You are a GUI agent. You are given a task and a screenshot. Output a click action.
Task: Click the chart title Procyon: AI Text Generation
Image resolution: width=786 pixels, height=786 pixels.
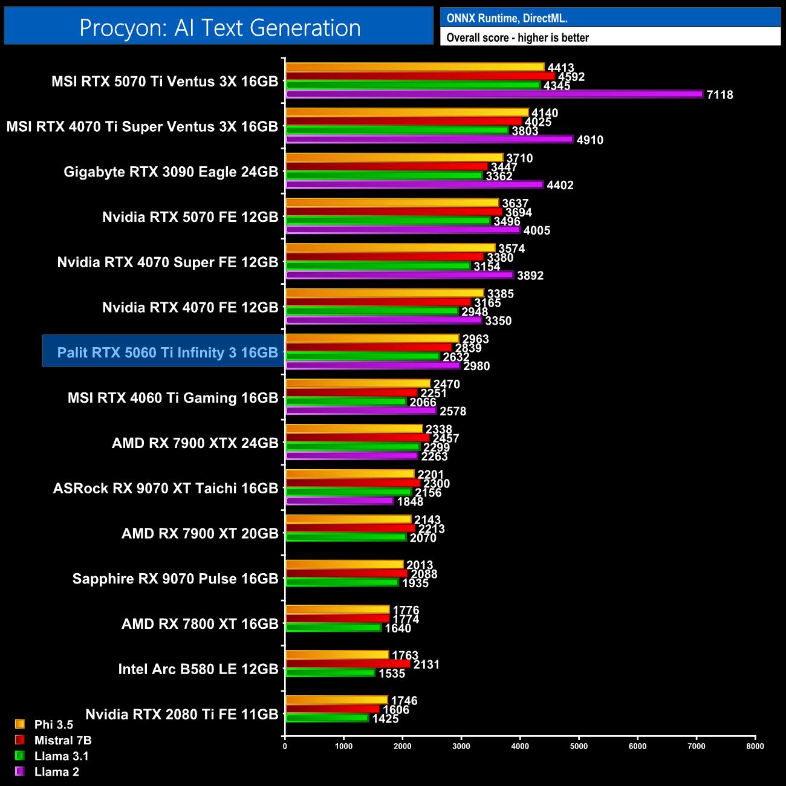219,28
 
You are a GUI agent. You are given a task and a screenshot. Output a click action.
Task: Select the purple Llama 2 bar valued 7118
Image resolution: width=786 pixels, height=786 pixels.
494,94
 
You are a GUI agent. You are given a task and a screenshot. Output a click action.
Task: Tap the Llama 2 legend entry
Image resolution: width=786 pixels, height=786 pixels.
56,771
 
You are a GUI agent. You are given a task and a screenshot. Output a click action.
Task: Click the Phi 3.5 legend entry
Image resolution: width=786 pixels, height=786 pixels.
53,724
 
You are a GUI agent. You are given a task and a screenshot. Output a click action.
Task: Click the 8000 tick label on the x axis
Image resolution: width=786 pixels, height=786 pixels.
755,746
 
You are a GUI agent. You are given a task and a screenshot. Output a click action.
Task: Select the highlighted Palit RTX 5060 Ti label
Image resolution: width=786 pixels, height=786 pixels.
167,352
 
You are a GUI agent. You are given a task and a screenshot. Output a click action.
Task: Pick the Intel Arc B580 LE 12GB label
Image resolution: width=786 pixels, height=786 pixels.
198,669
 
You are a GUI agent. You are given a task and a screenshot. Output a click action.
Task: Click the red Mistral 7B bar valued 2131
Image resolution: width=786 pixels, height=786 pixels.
348,664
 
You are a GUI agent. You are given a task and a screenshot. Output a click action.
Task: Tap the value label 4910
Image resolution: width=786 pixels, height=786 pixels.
590,140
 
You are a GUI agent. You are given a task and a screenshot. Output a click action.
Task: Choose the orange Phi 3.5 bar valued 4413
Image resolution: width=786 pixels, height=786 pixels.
415,67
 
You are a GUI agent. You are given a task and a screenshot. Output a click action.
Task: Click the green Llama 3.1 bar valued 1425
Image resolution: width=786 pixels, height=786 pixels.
326,718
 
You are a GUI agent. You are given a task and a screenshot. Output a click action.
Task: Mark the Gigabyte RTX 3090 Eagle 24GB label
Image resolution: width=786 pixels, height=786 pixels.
171,172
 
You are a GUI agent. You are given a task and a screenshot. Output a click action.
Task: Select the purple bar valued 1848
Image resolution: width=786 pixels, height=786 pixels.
339,501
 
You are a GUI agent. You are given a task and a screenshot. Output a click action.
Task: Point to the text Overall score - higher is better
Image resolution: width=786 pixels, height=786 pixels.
518,37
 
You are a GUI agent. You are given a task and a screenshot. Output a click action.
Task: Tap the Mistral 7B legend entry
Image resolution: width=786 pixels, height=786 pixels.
62,740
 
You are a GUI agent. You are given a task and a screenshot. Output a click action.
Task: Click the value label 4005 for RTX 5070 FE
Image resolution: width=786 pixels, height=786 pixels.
537,230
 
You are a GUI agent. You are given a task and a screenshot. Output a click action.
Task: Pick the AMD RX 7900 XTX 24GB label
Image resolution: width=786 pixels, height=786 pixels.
195,443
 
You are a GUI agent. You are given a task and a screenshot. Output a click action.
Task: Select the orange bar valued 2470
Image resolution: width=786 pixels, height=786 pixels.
357,383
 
